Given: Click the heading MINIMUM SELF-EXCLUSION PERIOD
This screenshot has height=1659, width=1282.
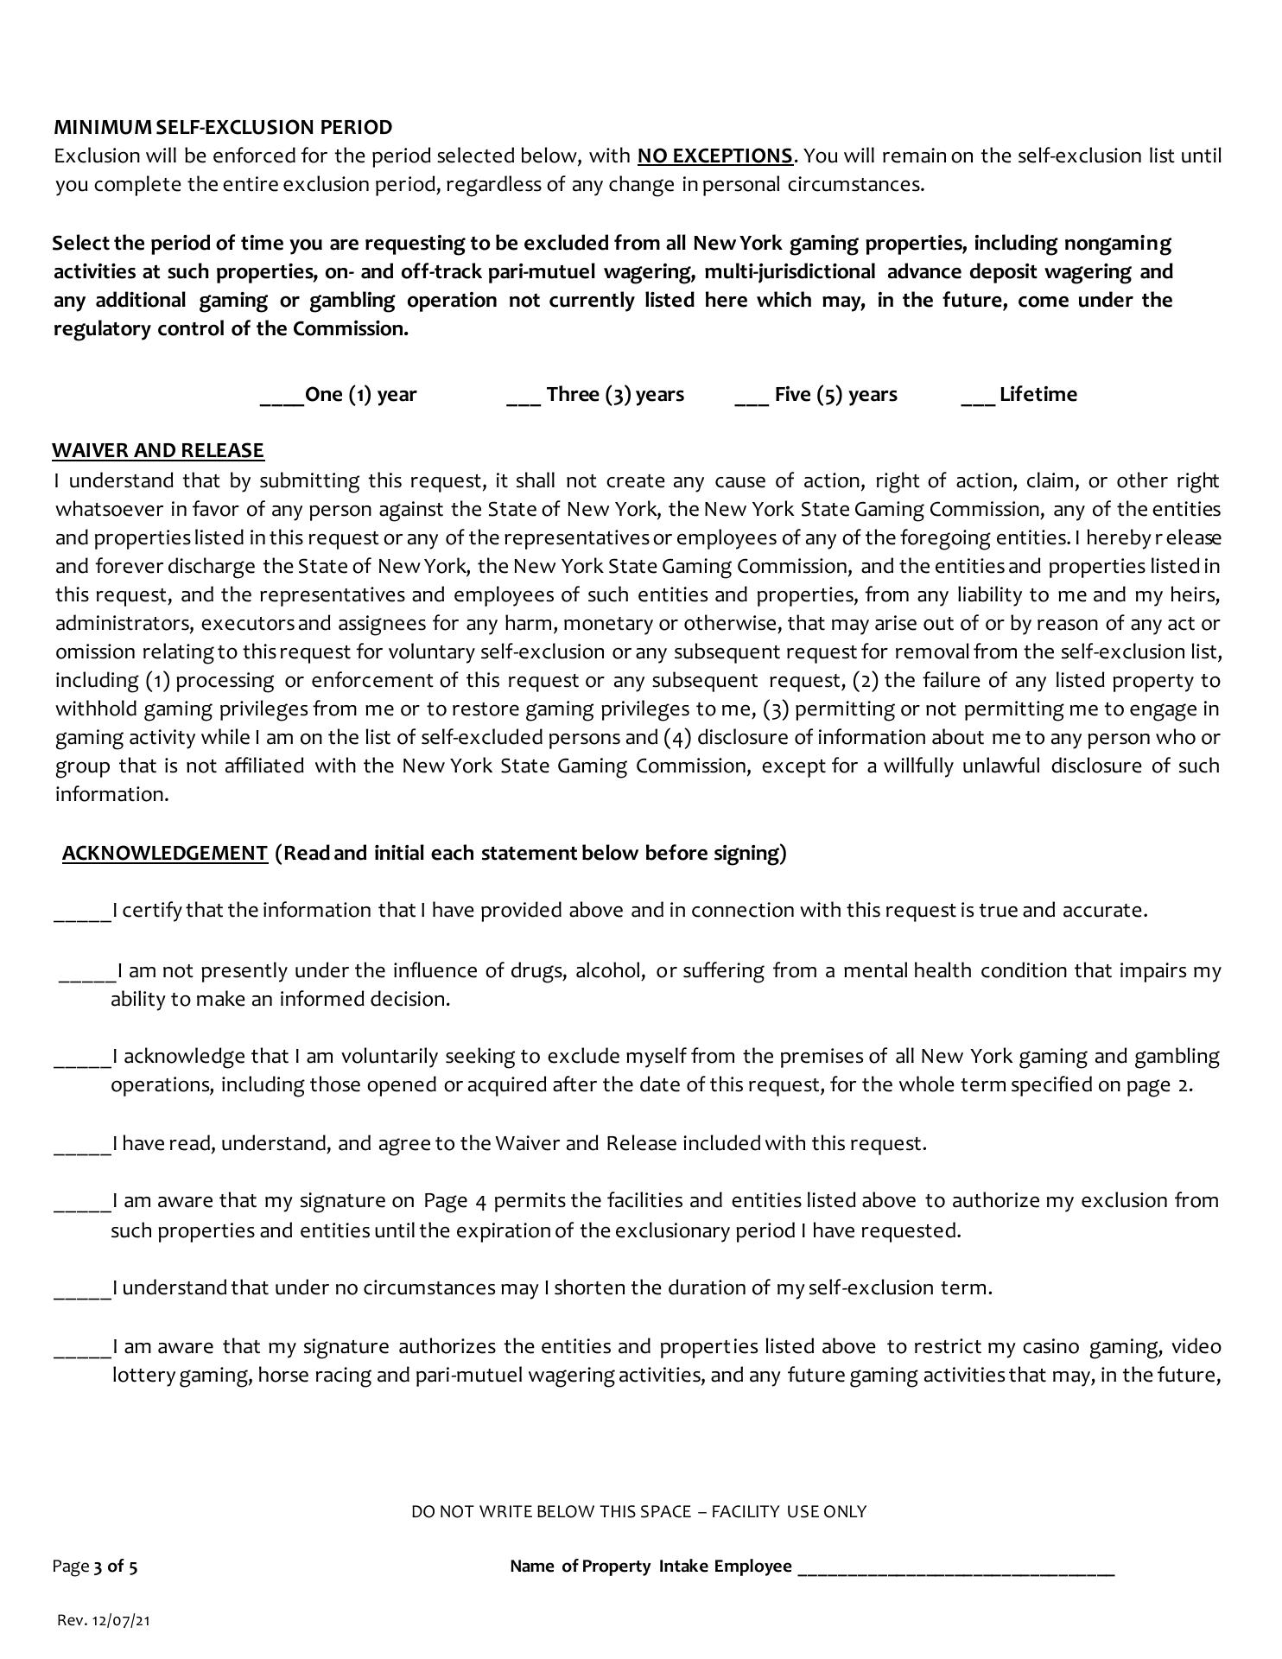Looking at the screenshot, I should click(x=223, y=127).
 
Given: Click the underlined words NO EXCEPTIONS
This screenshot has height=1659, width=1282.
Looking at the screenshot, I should click(x=714, y=156).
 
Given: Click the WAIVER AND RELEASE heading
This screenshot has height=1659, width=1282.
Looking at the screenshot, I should click(x=158, y=450).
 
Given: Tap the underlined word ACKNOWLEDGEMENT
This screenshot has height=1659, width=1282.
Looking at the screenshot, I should click(x=165, y=854).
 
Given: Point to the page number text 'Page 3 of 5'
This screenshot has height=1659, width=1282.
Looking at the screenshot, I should click(x=95, y=1567).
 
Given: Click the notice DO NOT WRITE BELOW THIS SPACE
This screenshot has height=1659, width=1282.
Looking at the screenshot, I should click(x=638, y=1511).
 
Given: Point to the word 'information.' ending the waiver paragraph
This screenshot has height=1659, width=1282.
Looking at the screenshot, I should click(x=112, y=795).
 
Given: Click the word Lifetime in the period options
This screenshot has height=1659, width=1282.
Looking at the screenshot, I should click(x=1038, y=395).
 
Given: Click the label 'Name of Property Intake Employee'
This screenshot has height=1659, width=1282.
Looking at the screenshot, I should click(x=651, y=1567).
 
